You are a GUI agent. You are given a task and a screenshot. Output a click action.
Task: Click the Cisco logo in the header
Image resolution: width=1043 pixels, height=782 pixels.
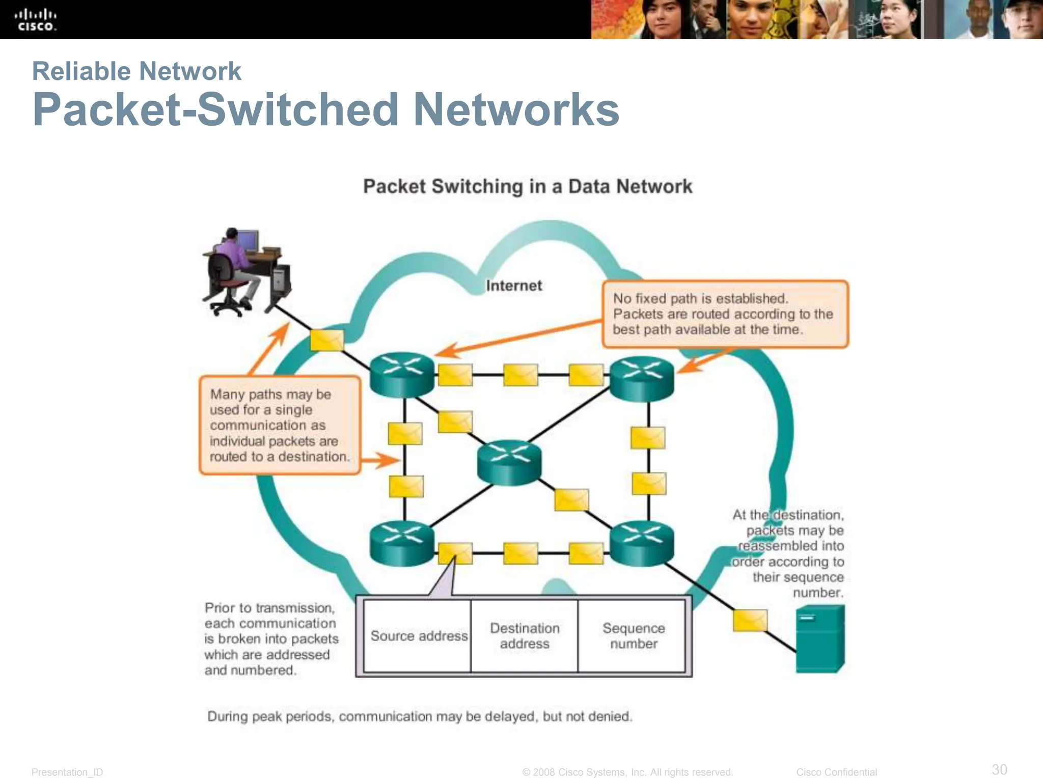pyautogui.click(x=35, y=20)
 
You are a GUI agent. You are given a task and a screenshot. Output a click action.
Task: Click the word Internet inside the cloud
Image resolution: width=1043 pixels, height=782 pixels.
pyautogui.click(x=513, y=286)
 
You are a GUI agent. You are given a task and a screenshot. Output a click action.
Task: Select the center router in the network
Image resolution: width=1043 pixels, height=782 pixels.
pyautogui.click(x=509, y=462)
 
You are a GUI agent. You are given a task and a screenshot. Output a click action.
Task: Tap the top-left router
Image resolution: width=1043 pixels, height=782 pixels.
pyautogui.click(x=402, y=374)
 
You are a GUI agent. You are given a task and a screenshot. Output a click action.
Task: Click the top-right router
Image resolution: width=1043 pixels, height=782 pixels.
pyautogui.click(x=642, y=378)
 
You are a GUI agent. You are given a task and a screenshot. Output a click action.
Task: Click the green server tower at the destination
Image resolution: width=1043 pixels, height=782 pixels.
pyautogui.click(x=819, y=638)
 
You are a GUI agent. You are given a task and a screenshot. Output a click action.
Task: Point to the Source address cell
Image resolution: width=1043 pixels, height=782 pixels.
pyautogui.click(x=419, y=636)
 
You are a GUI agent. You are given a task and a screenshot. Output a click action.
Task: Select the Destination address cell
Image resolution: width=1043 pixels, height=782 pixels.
pyautogui.click(x=525, y=636)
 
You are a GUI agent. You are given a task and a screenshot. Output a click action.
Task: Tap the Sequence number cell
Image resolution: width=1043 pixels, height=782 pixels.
pyautogui.click(x=633, y=636)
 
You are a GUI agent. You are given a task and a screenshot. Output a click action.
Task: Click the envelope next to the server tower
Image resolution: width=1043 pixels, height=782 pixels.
pyautogui.click(x=750, y=620)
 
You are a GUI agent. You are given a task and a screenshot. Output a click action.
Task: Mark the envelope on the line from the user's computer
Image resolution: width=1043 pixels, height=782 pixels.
pyautogui.click(x=326, y=340)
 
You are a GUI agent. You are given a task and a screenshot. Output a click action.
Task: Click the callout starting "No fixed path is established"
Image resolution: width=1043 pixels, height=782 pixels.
pyautogui.click(x=725, y=314)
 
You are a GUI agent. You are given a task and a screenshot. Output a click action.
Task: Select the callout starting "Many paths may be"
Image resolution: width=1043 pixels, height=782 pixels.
pyautogui.click(x=280, y=425)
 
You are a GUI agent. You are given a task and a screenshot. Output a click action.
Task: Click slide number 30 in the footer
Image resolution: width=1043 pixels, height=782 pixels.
pyautogui.click(x=999, y=769)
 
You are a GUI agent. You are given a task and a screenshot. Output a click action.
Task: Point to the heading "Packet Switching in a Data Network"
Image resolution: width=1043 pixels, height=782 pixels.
pyautogui.click(x=527, y=186)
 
